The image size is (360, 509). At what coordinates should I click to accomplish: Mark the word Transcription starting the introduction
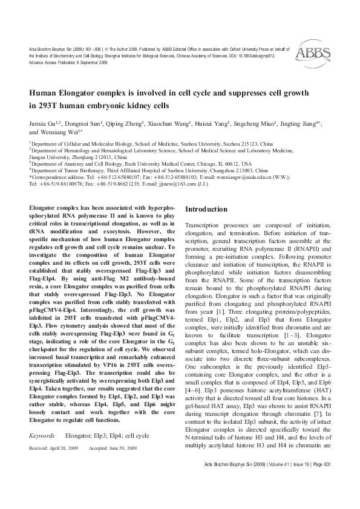(205, 224)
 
